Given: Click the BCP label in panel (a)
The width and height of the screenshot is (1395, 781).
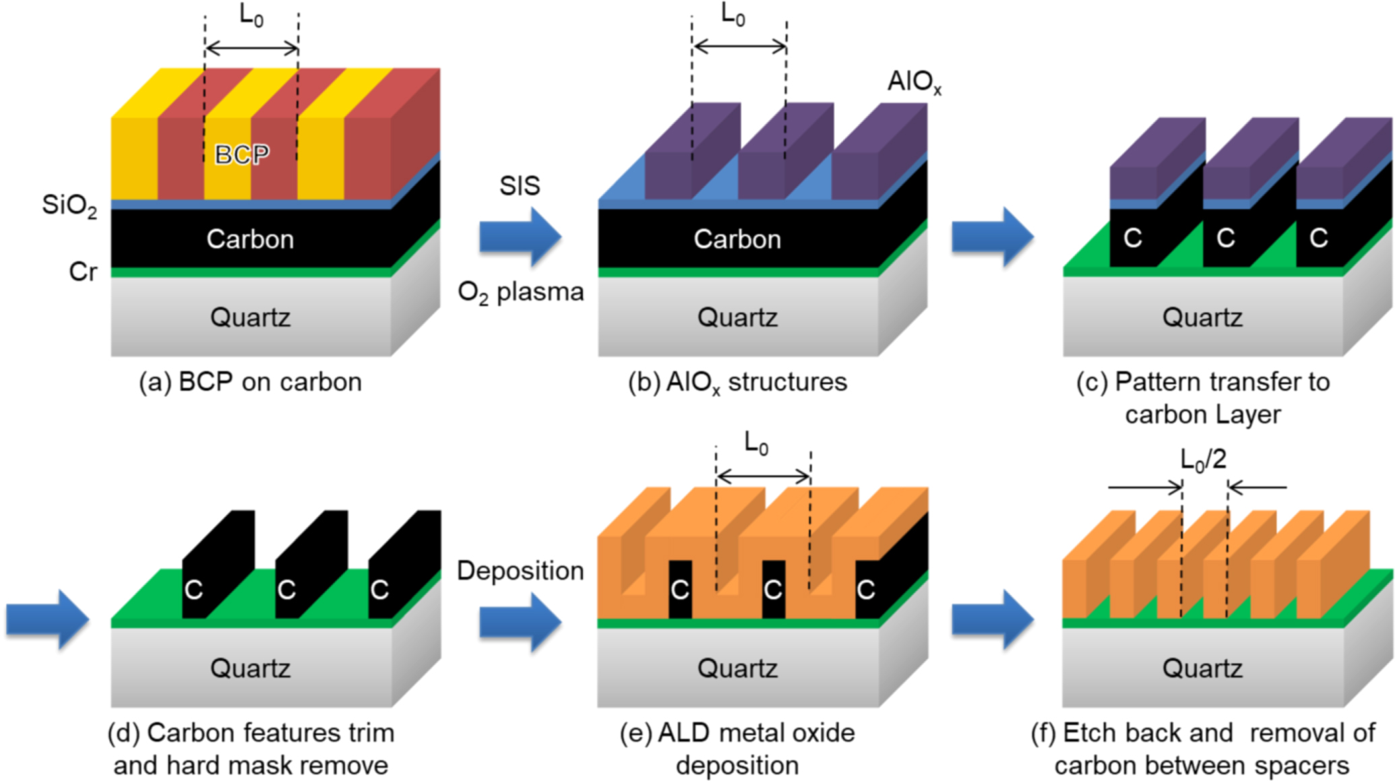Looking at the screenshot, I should [242, 155].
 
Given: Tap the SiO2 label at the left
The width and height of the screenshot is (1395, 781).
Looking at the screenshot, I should [69, 205].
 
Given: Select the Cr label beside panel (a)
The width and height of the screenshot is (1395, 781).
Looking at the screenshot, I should [83, 272].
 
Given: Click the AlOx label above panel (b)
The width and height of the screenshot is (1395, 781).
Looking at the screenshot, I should [914, 82].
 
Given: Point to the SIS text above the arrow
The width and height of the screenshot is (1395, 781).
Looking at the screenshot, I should [519, 185].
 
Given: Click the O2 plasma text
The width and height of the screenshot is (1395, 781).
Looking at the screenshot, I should [520, 292].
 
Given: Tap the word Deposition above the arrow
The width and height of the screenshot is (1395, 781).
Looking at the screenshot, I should [520, 571].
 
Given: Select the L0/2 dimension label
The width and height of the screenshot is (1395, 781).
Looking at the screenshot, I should [1203, 460].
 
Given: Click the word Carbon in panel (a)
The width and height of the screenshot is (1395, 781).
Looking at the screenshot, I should [250, 239].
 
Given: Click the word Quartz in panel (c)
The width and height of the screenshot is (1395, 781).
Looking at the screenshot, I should [1202, 317].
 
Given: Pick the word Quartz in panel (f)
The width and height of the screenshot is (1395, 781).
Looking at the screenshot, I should [1202, 668].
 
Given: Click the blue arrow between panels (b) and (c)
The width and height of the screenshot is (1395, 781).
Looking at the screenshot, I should [991, 237].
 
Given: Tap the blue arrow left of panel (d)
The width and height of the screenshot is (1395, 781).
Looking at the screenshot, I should [47, 619].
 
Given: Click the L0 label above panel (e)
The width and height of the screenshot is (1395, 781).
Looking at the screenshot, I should [755, 443].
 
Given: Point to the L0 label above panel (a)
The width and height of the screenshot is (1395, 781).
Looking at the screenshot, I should [251, 15].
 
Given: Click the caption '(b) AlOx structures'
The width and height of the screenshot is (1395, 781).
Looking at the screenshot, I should [737, 382].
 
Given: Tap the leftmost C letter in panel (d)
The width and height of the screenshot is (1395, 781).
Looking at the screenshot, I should [193, 590].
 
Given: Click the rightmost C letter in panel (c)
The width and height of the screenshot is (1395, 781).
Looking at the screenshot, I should [1318, 237].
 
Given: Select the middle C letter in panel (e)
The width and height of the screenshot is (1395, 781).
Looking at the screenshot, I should [772, 590].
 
